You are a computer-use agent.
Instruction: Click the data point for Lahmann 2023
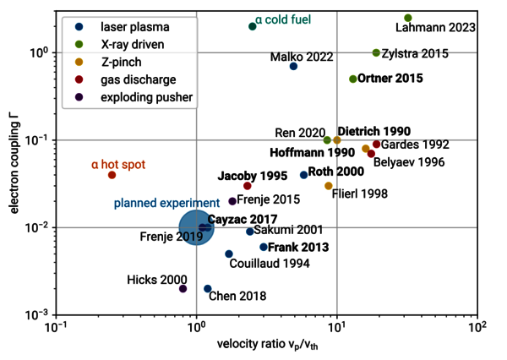(x=408, y=18)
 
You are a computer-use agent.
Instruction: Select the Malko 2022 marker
(x=293, y=66)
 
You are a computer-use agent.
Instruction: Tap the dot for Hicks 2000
(x=183, y=289)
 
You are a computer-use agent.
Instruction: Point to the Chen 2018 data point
(x=208, y=289)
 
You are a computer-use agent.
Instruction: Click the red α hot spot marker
(x=112, y=175)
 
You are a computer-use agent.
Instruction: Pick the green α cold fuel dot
(x=253, y=26)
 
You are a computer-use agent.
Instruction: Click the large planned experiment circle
(x=196, y=227)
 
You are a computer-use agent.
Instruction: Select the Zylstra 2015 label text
(x=416, y=53)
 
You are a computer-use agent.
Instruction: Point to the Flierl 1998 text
(x=360, y=194)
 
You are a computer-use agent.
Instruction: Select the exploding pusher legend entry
(x=134, y=97)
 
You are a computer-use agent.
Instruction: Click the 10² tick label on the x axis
(x=478, y=327)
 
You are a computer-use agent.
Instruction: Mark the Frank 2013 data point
(x=264, y=247)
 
